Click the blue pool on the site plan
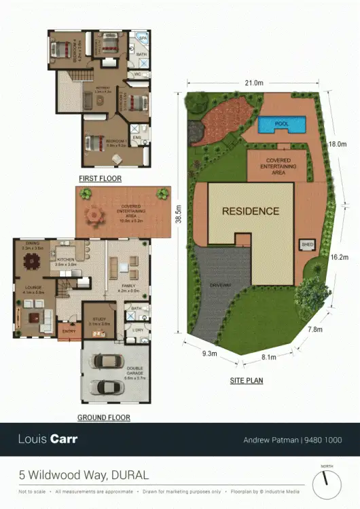pos(282,124)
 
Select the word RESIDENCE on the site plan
pos(251,211)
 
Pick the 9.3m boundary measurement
pos(209,353)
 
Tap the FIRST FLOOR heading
pos(100,178)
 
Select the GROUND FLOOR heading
pos(104,417)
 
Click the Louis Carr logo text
pos(48,439)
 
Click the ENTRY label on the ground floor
pos(69,331)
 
